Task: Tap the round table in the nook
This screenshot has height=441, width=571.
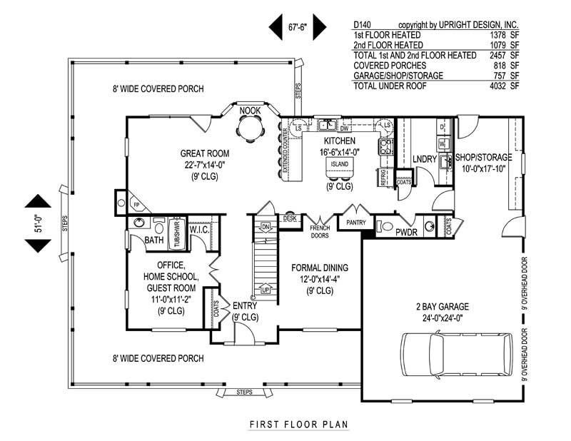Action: pyautogui.click(x=250, y=129)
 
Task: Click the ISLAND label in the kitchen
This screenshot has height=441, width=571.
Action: pyautogui.click(x=339, y=163)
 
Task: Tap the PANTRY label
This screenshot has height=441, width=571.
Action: pyautogui.click(x=356, y=223)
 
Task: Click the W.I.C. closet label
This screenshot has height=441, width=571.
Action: pyautogui.click(x=199, y=229)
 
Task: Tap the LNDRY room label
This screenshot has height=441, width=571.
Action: pyautogui.click(x=424, y=159)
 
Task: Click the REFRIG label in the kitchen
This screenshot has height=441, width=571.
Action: pyautogui.click(x=383, y=176)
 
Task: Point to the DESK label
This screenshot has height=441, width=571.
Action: pyautogui.click(x=290, y=218)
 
